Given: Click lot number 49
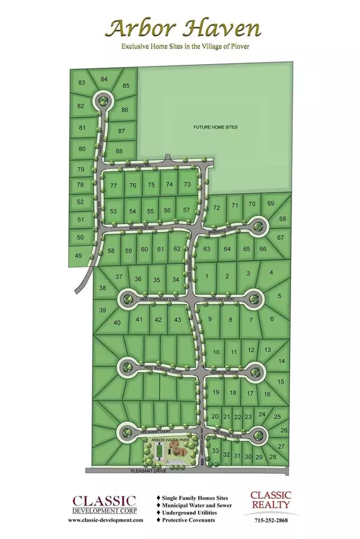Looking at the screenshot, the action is point(78,256).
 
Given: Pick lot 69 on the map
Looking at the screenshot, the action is point(271,204).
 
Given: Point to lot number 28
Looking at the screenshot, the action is point(272,457).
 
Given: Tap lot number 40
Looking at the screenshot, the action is point(118,323).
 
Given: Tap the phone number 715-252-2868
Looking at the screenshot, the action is point(270,520).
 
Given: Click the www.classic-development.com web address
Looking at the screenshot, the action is point(106,520).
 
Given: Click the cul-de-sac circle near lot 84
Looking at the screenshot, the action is point(103,100).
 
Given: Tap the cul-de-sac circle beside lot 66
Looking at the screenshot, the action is point(259,226).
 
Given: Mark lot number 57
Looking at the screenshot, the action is point(187,210).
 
